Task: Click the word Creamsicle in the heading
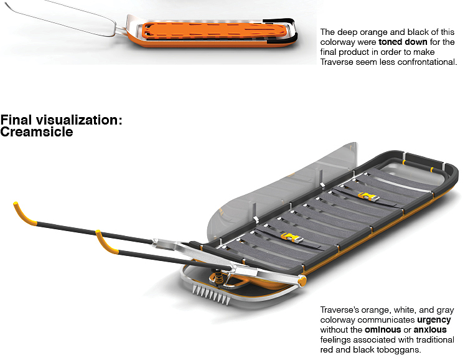pos(37,132)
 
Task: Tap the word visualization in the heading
pos(79,120)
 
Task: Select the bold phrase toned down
pos(403,42)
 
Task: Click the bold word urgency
pos(434,320)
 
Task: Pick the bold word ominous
pos(383,329)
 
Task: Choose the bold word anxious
pos(430,329)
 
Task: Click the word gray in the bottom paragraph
pos(445,310)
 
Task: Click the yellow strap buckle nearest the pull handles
pos(291,237)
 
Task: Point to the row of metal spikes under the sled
pos(212,294)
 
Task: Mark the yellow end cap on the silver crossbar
pos(302,281)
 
